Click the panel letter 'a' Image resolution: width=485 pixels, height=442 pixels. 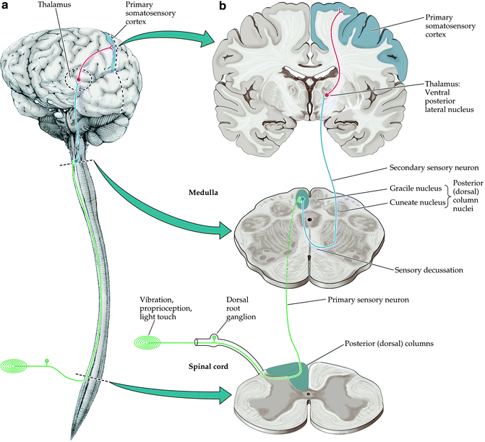(x=6, y=6)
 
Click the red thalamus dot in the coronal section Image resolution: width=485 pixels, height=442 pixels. (x=327, y=95)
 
